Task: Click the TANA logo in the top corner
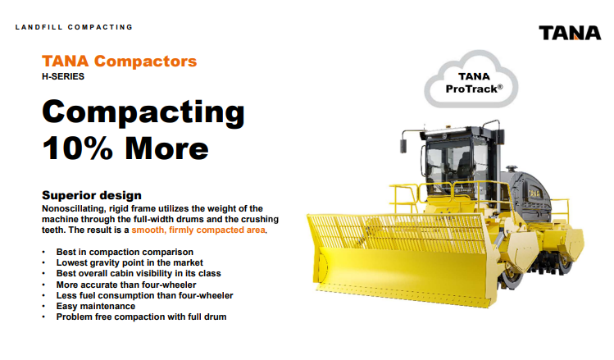(570, 33)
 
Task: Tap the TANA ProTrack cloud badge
(471, 80)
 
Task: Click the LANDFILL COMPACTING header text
(74, 27)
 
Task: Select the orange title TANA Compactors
(120, 62)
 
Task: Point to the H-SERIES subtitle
(63, 76)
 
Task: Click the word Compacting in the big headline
(143, 112)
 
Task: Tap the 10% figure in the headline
(78, 148)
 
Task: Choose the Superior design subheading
(92, 195)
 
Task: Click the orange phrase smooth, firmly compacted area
(198, 230)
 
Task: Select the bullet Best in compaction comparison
(125, 252)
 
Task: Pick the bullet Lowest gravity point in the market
(130, 262)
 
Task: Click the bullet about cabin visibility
(139, 273)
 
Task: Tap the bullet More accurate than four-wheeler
(126, 285)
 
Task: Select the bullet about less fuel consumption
(144, 295)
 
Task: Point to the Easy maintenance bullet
(96, 306)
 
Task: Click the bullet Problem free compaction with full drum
(141, 317)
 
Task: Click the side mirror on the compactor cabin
(403, 146)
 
